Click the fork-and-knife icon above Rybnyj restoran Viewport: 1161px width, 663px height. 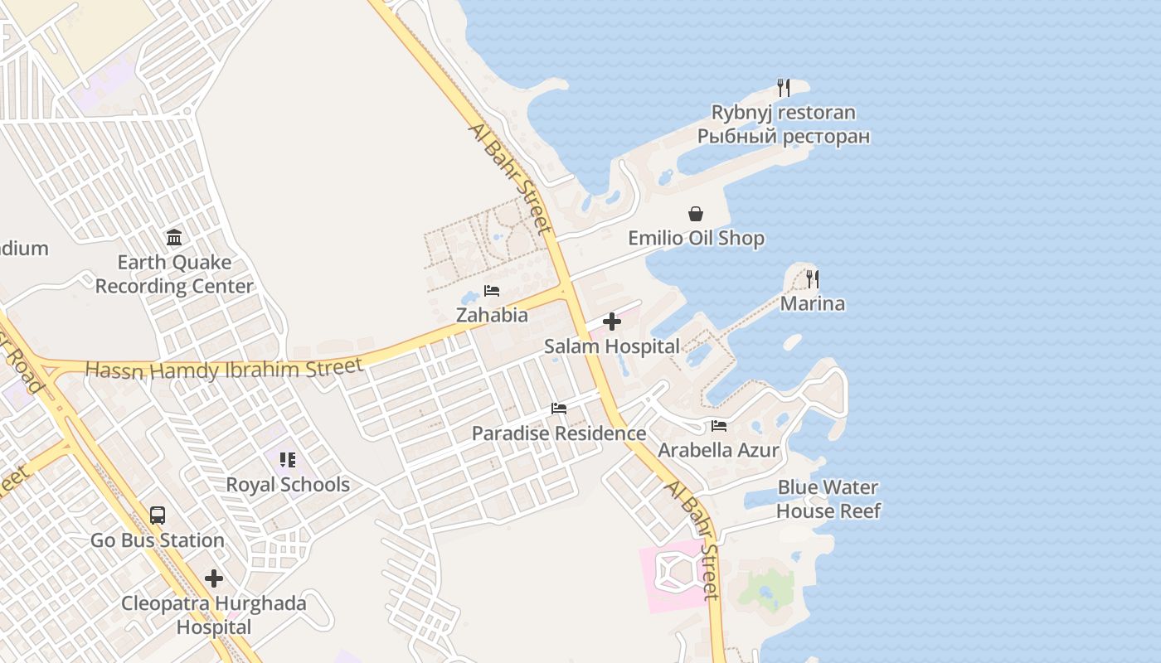pyautogui.click(x=783, y=87)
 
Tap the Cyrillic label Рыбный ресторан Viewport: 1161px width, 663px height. pyautogui.click(x=783, y=136)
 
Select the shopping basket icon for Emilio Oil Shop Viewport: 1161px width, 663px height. pyautogui.click(x=696, y=214)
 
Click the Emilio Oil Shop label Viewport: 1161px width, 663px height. pyautogui.click(x=696, y=239)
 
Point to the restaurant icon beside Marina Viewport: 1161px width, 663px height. pyautogui.click(x=813, y=279)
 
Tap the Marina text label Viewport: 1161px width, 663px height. pyautogui.click(x=813, y=303)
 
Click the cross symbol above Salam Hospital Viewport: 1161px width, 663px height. pyautogui.click(x=612, y=322)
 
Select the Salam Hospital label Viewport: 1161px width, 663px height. pyautogui.click(x=612, y=346)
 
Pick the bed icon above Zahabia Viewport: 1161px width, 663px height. pyautogui.click(x=492, y=291)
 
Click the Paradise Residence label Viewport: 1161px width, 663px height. pyautogui.click(x=558, y=433)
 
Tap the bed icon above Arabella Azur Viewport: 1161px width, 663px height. pyautogui.click(x=719, y=426)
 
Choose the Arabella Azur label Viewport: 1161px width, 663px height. pyautogui.click(x=719, y=450)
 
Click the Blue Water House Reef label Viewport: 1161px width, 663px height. pyautogui.click(x=828, y=499)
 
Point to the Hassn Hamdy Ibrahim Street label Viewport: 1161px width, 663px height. pyautogui.click(x=224, y=367)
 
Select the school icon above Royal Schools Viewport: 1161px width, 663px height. pyautogui.click(x=288, y=459)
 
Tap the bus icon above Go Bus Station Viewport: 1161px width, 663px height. pyautogui.click(x=158, y=515)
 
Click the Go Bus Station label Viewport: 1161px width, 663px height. pyautogui.click(x=158, y=540)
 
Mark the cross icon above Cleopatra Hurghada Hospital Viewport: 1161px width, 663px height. pyautogui.click(x=214, y=578)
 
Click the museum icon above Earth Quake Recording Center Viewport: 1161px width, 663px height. pyautogui.click(x=174, y=238)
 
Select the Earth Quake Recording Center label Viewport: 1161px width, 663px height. pyautogui.click(x=174, y=274)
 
